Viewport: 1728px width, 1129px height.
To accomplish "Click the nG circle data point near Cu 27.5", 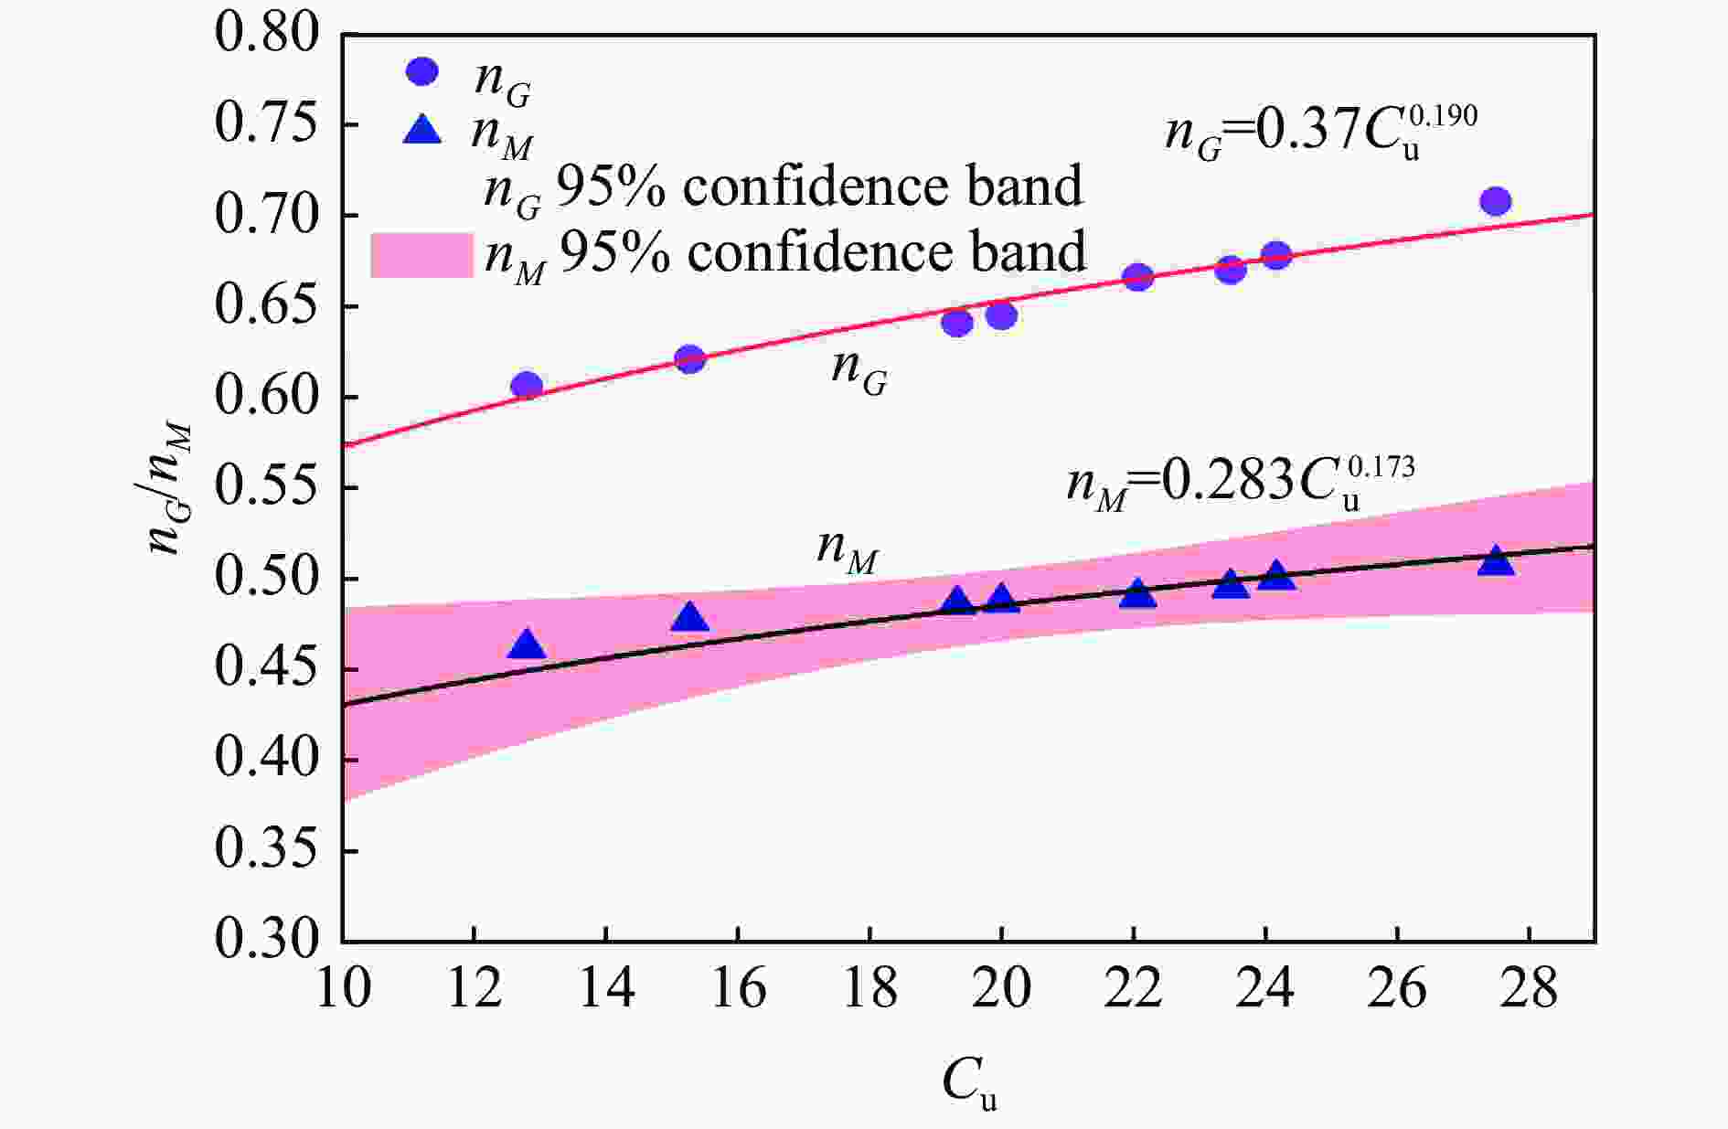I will pos(1495,201).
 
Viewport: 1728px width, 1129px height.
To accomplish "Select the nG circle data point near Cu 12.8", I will pos(527,386).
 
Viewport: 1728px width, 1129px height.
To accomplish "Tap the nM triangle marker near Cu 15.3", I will pos(690,619).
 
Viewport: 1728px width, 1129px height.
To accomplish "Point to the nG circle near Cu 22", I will pos(1137,277).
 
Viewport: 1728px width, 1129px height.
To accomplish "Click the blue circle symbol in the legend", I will pos(422,71).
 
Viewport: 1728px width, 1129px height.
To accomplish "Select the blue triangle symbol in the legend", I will pos(422,131).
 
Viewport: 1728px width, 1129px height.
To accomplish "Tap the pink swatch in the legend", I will pos(421,255).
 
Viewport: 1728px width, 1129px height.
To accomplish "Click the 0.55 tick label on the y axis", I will pos(267,487).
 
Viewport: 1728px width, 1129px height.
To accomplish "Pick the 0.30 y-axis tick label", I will pos(267,940).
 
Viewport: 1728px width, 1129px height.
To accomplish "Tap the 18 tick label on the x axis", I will pos(869,989).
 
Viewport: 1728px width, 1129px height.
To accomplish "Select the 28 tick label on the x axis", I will pos(1529,989).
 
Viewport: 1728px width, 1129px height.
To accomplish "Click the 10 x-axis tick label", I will pos(344,989).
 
